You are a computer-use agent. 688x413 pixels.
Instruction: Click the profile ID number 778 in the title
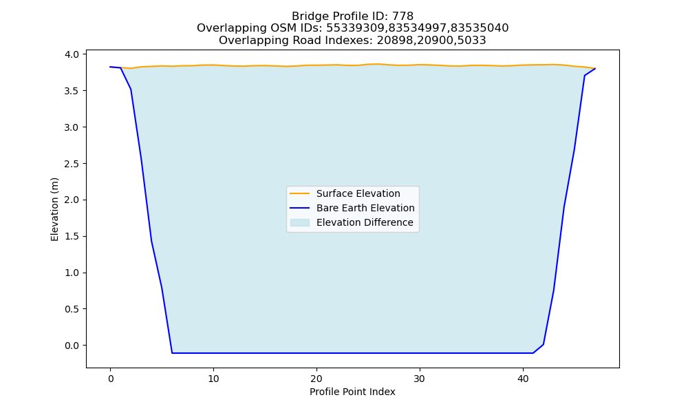click(x=402, y=17)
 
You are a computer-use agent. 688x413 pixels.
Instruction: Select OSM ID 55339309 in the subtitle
click(x=356, y=28)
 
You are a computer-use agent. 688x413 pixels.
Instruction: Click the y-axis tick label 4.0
click(x=72, y=54)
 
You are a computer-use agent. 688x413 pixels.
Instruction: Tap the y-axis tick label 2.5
click(x=72, y=164)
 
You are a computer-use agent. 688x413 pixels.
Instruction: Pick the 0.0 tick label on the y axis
click(x=72, y=346)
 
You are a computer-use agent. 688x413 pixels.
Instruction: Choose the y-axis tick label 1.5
click(x=72, y=237)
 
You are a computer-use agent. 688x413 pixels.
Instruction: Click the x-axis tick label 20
click(x=316, y=379)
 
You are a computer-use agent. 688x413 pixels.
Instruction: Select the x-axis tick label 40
click(x=523, y=379)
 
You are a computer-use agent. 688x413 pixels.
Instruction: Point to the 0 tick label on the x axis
click(x=110, y=379)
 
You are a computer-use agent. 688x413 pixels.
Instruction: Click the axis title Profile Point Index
click(x=352, y=392)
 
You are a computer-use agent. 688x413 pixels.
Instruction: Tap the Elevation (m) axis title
click(x=54, y=209)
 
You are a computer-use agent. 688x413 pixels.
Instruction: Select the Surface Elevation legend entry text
click(x=358, y=193)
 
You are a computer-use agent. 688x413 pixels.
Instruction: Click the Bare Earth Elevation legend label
click(x=365, y=208)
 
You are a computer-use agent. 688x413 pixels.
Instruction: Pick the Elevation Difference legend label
click(x=365, y=222)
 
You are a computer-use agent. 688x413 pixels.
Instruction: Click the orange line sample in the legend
click(x=300, y=193)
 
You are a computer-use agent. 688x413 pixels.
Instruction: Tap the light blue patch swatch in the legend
click(x=300, y=222)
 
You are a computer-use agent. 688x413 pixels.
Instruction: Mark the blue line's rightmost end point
click(x=595, y=68)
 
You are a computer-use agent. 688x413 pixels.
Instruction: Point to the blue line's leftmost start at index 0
click(x=110, y=67)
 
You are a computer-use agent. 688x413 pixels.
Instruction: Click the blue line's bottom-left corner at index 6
click(x=172, y=353)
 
